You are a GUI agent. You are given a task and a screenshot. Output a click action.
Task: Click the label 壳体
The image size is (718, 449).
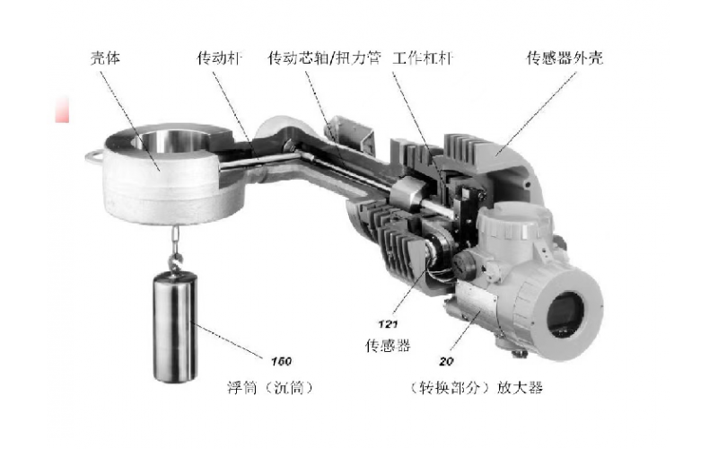pos(105,57)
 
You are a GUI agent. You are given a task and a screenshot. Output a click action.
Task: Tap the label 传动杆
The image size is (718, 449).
pos(220,57)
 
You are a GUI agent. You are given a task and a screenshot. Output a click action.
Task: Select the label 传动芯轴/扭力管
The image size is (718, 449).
pos(324,57)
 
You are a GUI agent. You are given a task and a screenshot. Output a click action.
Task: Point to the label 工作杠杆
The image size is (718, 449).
pos(423,57)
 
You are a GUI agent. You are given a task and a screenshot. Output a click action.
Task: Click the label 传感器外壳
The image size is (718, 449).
pos(565,57)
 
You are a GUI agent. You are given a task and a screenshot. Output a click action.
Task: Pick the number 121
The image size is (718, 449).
pos(388,324)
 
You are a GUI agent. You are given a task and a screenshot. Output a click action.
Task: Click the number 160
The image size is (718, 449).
pos(281,362)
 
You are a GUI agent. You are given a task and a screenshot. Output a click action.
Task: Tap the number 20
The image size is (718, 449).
pos(446,362)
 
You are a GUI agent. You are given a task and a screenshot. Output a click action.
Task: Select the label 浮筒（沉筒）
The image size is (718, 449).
pos(271,388)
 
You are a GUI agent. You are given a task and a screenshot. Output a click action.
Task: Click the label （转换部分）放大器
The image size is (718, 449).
pos(476,388)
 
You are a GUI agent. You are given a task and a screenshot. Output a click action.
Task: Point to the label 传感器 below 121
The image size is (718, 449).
pos(388,345)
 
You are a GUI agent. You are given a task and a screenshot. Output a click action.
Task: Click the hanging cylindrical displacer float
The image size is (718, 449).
pos(175,326)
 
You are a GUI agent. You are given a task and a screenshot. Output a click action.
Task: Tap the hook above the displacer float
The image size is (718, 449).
pos(174,262)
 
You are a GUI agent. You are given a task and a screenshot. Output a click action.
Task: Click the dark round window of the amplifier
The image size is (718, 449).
pos(565,314)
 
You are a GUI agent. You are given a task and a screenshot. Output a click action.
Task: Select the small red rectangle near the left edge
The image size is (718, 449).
pos(62,110)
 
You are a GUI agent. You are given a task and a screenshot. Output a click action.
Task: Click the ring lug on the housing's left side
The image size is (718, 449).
pos(94,156)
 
